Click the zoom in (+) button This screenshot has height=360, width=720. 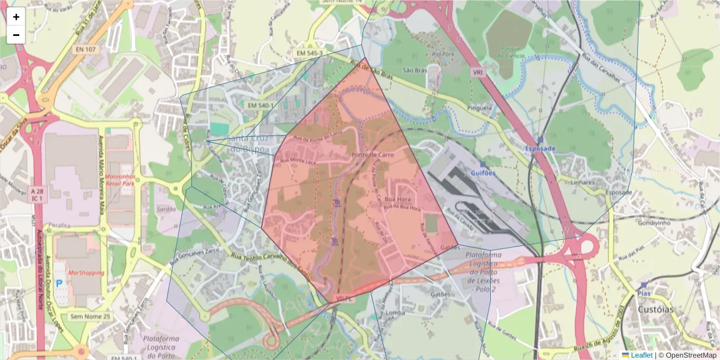tap(16, 17)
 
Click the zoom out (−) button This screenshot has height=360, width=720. tap(16, 35)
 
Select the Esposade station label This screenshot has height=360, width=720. tap(540, 148)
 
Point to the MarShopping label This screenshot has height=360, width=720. tap(86, 272)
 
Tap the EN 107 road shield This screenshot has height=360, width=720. tap(86, 49)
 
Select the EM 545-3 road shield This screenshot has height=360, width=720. tap(309, 53)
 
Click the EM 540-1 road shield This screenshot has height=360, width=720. tap(260, 106)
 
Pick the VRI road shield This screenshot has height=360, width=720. tap(478, 72)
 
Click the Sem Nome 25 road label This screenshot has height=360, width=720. tap(91, 316)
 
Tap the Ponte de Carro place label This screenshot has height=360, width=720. tap(373, 154)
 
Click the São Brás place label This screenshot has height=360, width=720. tap(414, 70)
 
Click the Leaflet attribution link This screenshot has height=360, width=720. tap(641, 355)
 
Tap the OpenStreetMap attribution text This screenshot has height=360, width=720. tap(688, 355)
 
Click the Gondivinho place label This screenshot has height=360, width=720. tap(656, 222)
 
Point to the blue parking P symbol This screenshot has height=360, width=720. tap(59, 283)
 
